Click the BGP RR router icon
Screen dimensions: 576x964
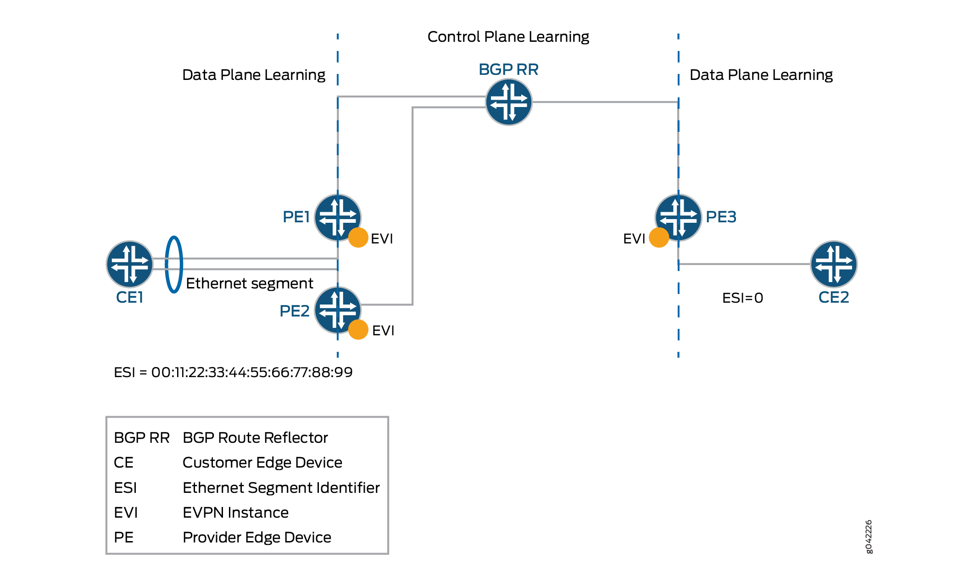(x=508, y=102)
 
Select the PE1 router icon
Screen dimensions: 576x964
(x=337, y=217)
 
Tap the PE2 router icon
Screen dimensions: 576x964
(x=337, y=310)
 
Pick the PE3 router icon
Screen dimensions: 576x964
(x=678, y=217)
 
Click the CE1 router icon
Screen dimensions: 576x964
(x=130, y=264)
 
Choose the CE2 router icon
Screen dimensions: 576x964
(x=833, y=264)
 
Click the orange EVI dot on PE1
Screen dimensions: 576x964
(x=358, y=238)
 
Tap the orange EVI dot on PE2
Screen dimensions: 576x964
(x=358, y=330)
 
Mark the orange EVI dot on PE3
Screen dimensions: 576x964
(x=659, y=238)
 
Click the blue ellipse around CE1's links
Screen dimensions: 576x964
(x=174, y=264)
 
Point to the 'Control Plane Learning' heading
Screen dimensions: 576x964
(x=508, y=37)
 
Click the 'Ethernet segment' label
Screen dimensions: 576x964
(x=249, y=283)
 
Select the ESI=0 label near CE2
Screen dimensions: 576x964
(x=742, y=298)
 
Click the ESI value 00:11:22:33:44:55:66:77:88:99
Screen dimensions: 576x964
(x=252, y=372)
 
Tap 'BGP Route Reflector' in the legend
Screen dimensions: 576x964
(x=255, y=438)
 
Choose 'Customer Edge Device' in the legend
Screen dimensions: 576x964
(x=262, y=463)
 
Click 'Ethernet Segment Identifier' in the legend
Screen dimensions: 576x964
(x=281, y=488)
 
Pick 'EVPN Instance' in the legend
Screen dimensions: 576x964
(x=235, y=513)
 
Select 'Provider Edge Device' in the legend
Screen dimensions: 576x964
(x=256, y=537)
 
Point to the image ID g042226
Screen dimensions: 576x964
(x=869, y=536)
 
